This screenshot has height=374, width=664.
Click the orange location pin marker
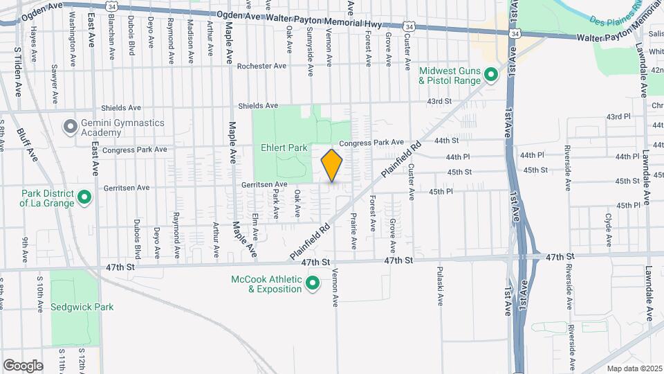click(x=332, y=166)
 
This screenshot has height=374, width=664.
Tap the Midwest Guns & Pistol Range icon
click(x=492, y=74)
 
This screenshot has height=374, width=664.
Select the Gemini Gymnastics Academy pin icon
click(x=70, y=127)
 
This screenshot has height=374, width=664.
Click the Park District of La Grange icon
click(x=84, y=198)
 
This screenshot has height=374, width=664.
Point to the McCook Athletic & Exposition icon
click(x=313, y=283)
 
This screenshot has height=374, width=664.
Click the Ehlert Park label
click(x=284, y=148)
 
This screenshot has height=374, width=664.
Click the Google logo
click(x=23, y=366)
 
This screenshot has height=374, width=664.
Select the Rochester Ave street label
click(x=261, y=66)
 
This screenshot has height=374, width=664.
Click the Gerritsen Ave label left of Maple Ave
click(x=126, y=187)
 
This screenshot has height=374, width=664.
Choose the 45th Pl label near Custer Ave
click(x=441, y=191)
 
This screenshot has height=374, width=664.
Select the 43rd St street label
click(x=439, y=101)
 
